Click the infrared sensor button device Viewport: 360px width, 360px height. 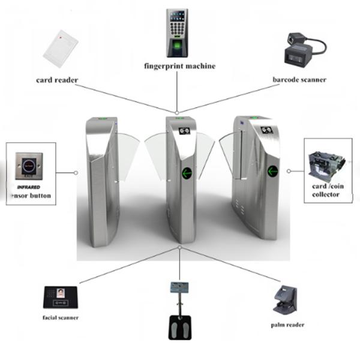29,163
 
